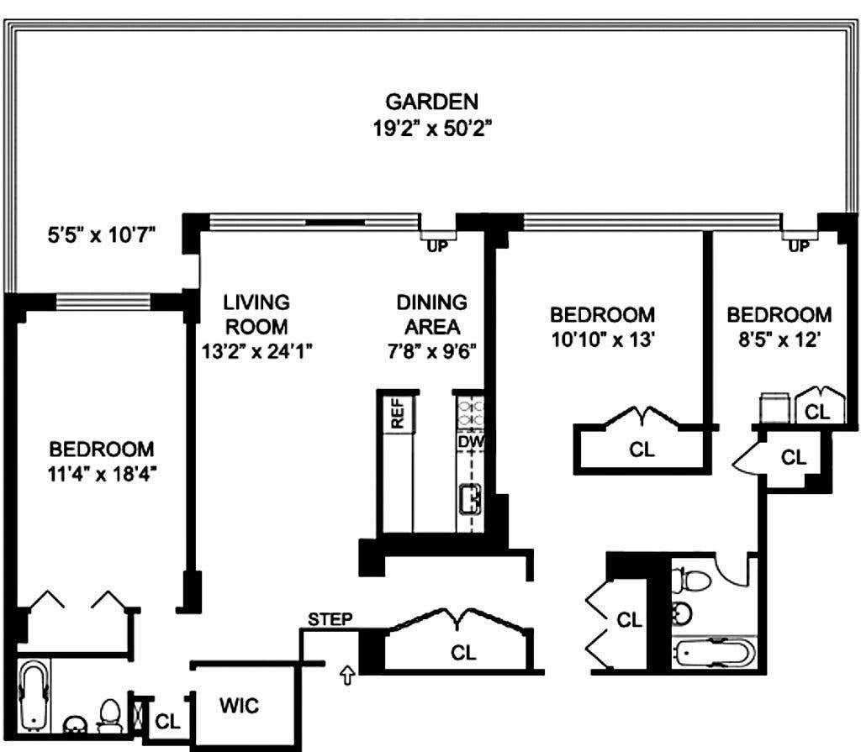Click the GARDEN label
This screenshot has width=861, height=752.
click(x=431, y=103)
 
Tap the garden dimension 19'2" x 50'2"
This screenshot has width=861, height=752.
click(x=431, y=129)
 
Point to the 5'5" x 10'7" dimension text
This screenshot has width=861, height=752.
click(x=102, y=235)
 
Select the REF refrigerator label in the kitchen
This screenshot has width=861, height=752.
click(x=397, y=413)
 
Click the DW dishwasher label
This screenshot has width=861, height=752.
click(x=471, y=442)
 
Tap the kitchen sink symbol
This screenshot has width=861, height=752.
click(x=470, y=499)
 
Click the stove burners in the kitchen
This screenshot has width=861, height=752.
click(x=471, y=413)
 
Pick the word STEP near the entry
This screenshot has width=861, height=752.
click(x=330, y=619)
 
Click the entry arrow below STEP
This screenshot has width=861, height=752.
click(x=347, y=675)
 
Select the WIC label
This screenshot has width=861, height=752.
click(x=240, y=705)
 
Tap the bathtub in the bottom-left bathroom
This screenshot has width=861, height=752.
click(x=34, y=696)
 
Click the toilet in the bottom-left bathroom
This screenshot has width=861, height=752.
click(x=110, y=715)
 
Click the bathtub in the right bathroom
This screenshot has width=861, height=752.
click(x=713, y=653)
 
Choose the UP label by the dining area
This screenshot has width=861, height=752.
click(x=437, y=247)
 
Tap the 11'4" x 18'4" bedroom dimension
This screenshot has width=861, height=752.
click(x=102, y=473)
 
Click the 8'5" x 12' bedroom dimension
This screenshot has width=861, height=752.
click(x=779, y=339)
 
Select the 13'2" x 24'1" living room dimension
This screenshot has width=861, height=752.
click(x=257, y=350)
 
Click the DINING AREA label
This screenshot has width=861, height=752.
click(x=432, y=314)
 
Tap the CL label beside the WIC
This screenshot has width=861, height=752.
click(x=167, y=721)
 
